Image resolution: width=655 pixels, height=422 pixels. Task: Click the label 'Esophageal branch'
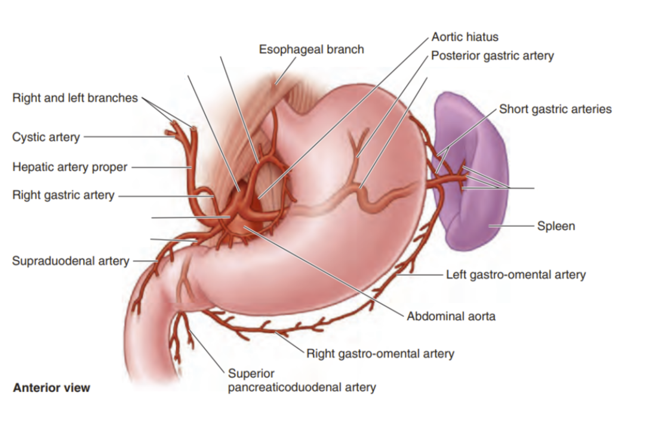[311, 50]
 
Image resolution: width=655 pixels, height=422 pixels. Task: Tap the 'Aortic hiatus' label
[465, 38]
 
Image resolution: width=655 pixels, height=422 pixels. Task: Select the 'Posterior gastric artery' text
[492, 56]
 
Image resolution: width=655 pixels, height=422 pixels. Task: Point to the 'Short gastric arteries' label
[555, 109]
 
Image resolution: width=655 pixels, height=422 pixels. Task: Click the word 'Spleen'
[556, 226]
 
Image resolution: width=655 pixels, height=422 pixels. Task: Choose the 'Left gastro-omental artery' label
[516, 275]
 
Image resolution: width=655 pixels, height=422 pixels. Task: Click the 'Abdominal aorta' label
[451, 316]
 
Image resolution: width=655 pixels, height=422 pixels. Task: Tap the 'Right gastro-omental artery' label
[380, 353]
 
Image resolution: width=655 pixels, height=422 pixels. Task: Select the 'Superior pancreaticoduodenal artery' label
[302, 380]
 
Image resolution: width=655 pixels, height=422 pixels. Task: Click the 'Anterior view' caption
[51, 387]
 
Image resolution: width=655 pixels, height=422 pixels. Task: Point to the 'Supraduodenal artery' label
[70, 261]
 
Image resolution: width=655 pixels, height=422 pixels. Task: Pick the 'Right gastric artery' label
[63, 195]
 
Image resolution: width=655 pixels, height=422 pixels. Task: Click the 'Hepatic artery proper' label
[70, 167]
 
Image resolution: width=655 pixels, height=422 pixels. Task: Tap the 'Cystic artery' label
[46, 137]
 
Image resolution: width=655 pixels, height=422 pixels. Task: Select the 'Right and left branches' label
[75, 98]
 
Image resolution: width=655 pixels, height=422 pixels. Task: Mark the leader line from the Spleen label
[513, 226]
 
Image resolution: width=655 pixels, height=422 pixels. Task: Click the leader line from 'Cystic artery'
[125, 137]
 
